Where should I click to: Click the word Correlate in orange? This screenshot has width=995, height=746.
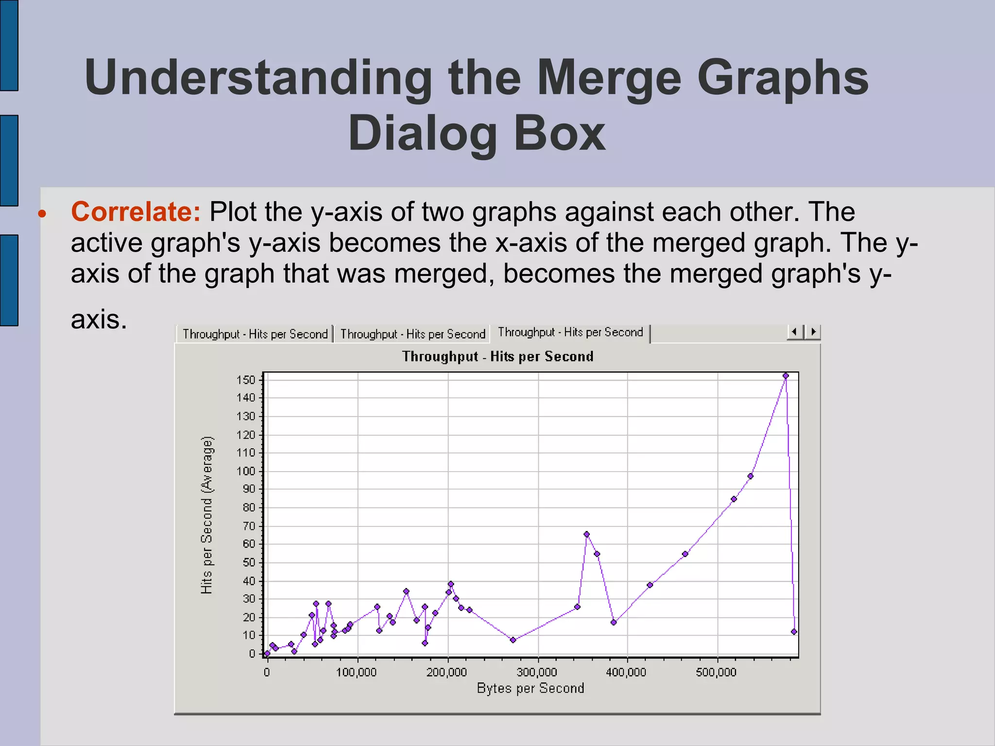(136, 212)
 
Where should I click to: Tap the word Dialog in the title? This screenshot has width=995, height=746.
(422, 134)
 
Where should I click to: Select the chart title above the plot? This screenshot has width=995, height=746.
(497, 356)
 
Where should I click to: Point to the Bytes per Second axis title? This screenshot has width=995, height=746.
(530, 688)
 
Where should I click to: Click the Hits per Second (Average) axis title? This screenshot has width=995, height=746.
(207, 515)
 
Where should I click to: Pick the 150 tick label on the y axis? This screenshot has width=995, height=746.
(246, 380)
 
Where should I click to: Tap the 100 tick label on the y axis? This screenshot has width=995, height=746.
(246, 471)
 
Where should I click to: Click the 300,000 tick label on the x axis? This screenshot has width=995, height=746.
(536, 672)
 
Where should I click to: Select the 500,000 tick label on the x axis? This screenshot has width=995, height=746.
(716, 672)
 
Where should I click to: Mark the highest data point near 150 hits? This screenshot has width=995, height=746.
(786, 376)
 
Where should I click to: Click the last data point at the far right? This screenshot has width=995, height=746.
(794, 632)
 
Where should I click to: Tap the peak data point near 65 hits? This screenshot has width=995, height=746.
(586, 534)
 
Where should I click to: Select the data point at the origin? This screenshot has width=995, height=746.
(267, 654)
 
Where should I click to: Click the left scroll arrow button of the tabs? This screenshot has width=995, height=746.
(795, 332)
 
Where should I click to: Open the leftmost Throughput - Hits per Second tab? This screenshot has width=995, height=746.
(255, 334)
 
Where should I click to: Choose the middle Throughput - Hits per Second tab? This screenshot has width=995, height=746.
(412, 334)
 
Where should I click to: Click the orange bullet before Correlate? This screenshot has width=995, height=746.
(43, 214)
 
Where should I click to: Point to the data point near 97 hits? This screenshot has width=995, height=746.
(750, 476)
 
